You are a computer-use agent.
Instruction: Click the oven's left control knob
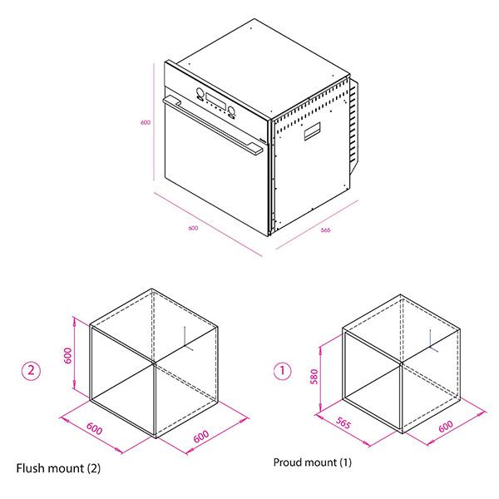point(200,92)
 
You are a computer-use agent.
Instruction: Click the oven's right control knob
point(232,111)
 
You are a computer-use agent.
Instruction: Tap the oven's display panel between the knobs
point(216,101)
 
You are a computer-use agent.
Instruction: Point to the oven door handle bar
point(213,126)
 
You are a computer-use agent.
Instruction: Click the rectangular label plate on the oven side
point(312,131)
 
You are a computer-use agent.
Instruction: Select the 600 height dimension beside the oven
point(146,122)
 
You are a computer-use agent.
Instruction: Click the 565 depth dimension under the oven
point(325,230)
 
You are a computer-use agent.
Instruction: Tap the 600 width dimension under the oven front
point(193,228)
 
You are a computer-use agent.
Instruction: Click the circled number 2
point(32,370)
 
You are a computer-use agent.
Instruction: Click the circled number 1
point(282,371)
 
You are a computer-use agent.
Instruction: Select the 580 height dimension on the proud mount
point(314,377)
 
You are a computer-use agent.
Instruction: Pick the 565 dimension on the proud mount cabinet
point(343,423)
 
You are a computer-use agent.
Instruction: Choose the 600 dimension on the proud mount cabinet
point(446,426)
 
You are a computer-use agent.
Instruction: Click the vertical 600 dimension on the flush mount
point(68,355)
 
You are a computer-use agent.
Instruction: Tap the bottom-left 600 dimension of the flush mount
point(94,428)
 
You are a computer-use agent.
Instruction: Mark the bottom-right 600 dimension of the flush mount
point(201,436)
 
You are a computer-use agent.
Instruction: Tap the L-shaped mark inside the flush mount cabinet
point(188,338)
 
